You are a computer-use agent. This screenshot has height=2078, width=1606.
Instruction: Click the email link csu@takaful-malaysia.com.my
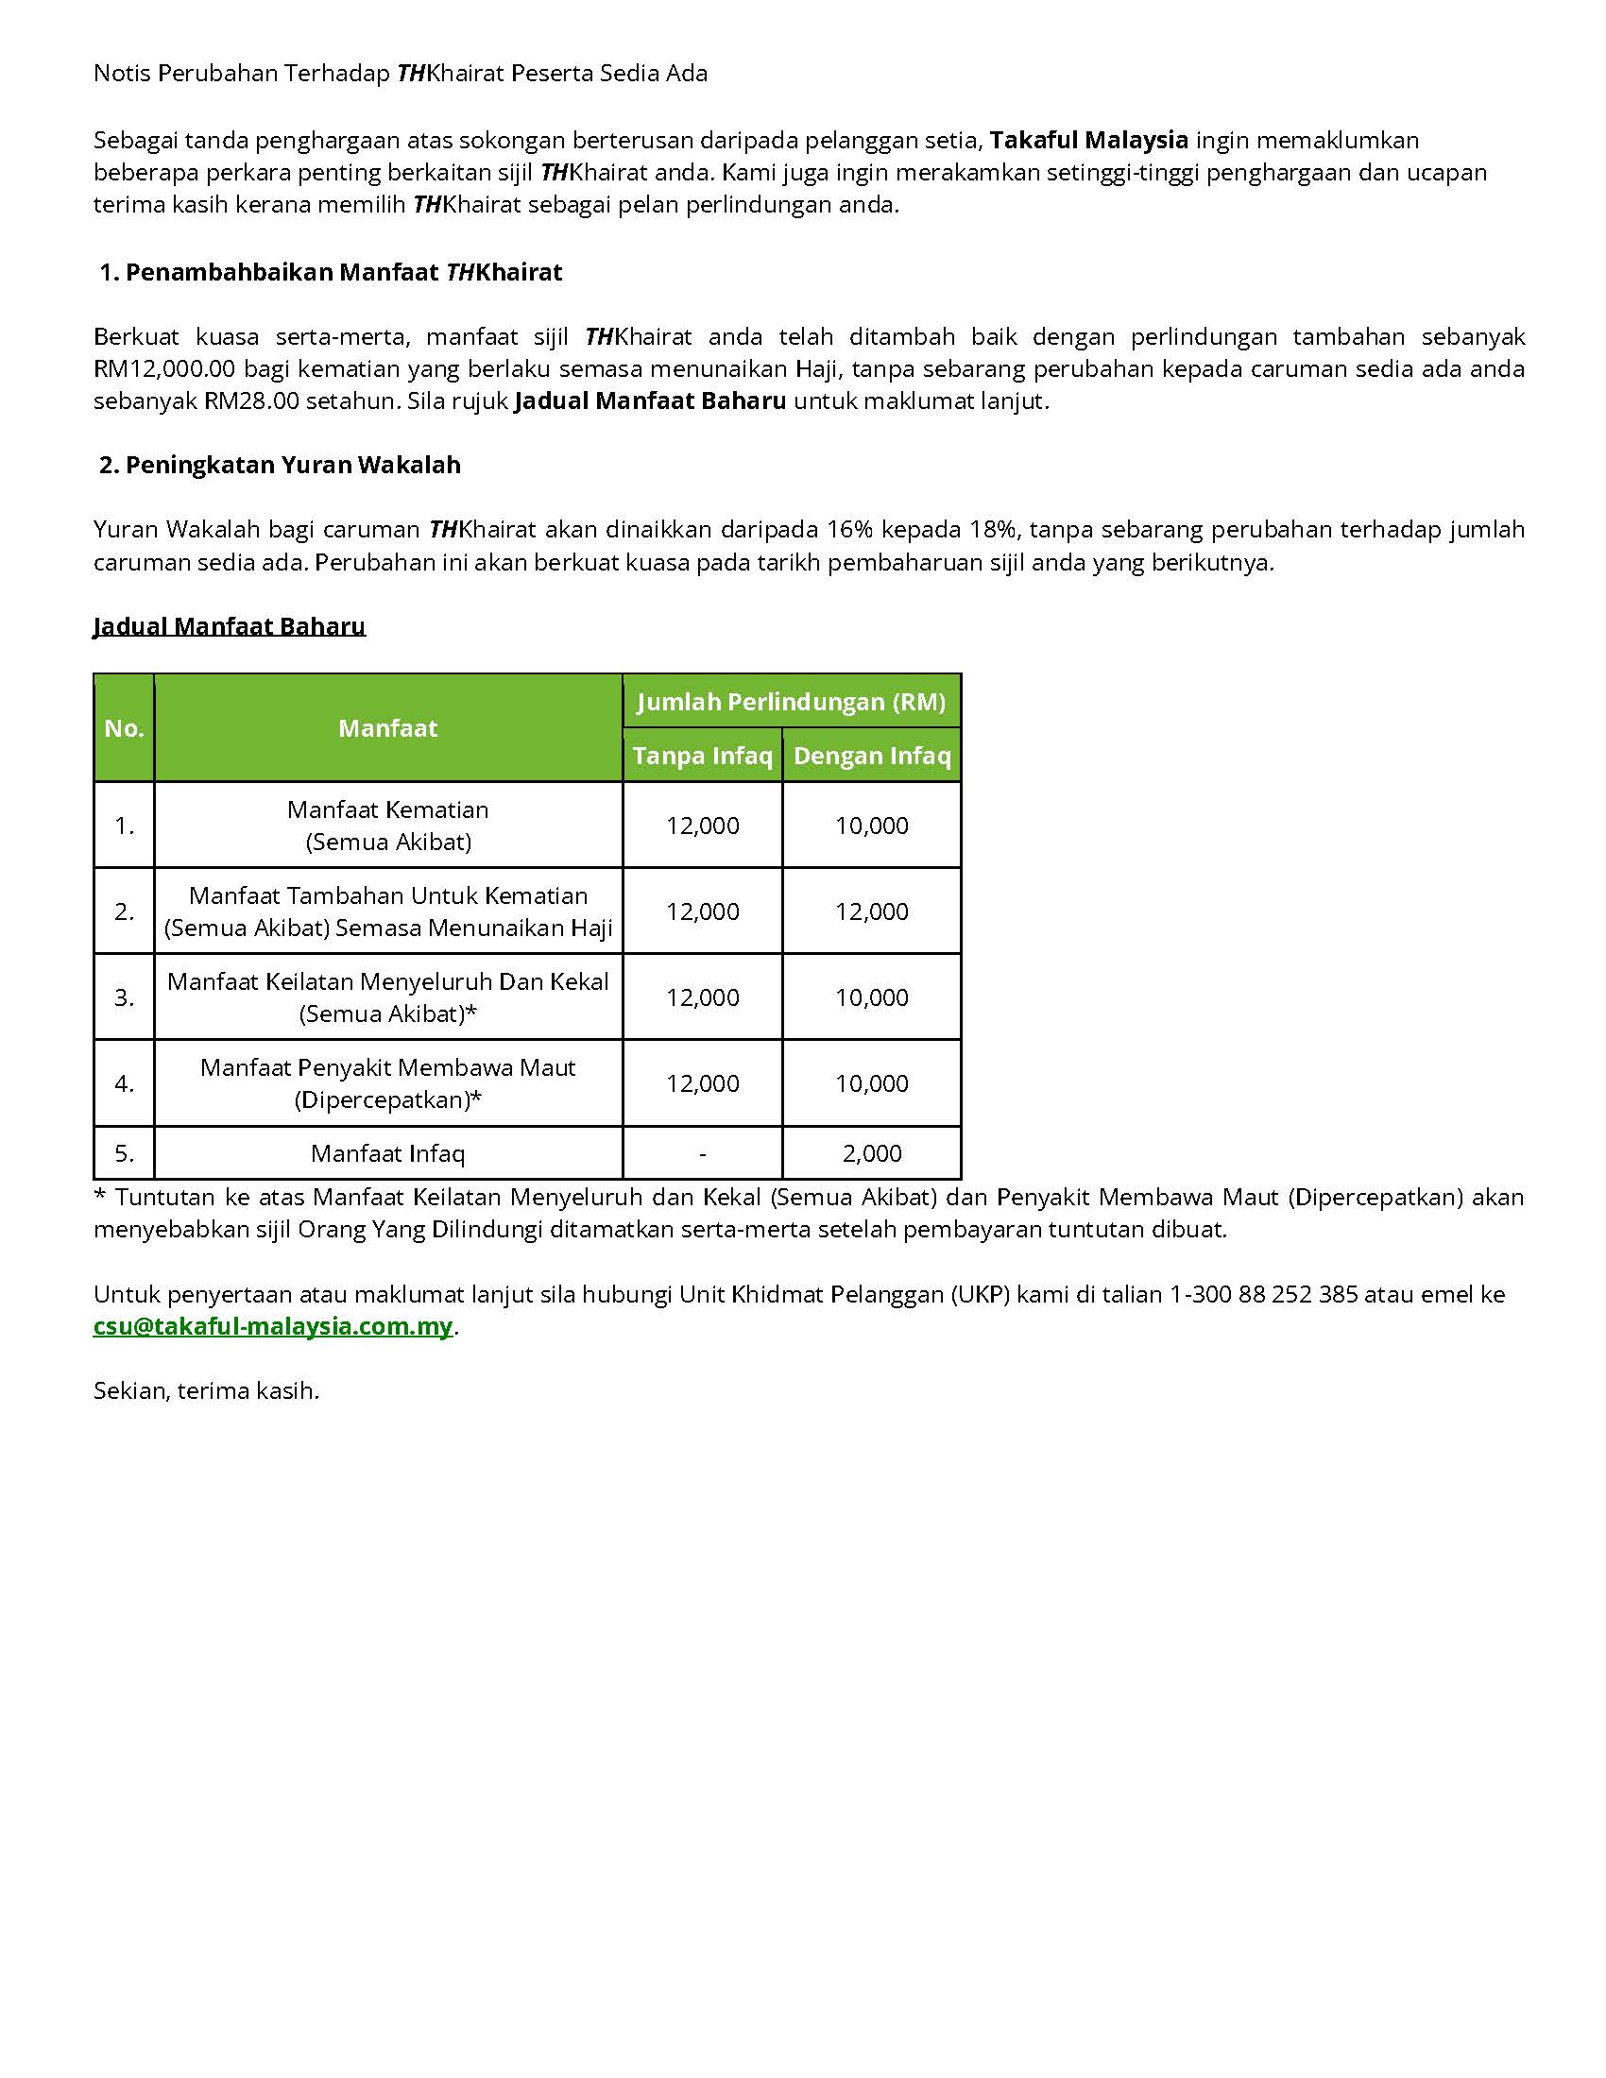tap(273, 1326)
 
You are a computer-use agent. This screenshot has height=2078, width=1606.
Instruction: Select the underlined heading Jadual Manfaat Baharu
tap(230, 626)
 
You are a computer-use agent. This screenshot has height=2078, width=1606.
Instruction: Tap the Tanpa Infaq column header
tap(702, 756)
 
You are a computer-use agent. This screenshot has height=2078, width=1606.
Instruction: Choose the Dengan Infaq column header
tap(872, 756)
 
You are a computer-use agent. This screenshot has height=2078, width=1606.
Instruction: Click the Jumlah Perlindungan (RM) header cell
tap(792, 702)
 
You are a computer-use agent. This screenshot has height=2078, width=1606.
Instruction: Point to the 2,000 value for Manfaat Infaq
tap(872, 1153)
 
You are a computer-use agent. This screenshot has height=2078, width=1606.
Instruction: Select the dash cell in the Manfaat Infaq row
tap(702, 1153)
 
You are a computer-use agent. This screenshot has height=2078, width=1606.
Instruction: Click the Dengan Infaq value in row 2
tap(872, 911)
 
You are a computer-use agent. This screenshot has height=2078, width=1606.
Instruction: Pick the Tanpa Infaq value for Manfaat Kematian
tap(702, 826)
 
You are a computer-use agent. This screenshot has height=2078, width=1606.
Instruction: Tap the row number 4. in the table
tap(125, 1083)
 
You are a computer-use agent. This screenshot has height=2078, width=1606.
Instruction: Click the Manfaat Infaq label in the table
tap(388, 1153)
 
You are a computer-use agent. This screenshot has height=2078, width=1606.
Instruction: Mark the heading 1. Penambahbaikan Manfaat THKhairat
tap(331, 272)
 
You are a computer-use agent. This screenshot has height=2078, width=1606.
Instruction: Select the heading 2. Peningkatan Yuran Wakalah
tap(281, 466)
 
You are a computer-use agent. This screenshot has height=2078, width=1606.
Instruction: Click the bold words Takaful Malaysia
tap(1088, 141)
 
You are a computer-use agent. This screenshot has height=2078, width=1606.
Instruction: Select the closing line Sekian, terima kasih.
tap(207, 1391)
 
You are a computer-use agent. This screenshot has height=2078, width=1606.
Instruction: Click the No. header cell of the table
tap(125, 729)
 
